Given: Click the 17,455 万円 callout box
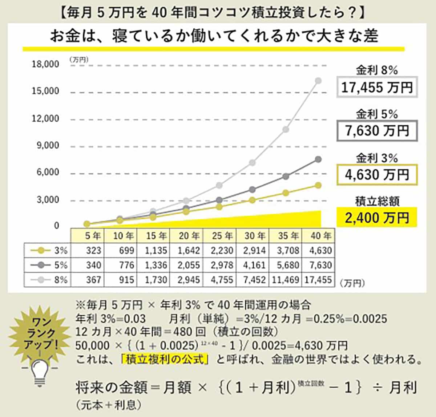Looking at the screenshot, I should tap(377, 87).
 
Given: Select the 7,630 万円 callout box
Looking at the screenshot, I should tap(377, 131).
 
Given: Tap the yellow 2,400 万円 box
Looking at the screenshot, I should tap(377, 218).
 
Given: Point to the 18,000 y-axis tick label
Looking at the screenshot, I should tap(45, 64).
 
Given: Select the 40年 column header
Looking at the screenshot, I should tap(321, 236).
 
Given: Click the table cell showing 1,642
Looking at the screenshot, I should tap(189, 251).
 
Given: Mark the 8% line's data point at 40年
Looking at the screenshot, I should tap(318, 80).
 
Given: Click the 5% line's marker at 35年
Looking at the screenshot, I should tap(286, 177).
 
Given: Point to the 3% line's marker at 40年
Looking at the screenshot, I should tap(318, 185).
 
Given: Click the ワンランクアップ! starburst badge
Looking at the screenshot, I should tap(40, 333).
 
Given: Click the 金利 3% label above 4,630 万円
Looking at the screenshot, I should tap(377, 158).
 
